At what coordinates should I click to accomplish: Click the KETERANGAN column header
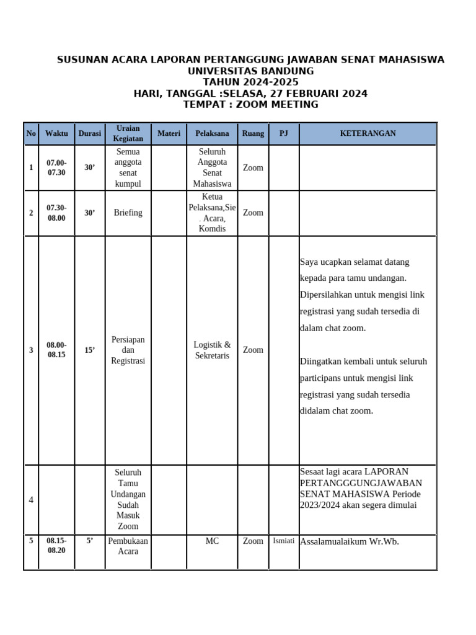[368, 133]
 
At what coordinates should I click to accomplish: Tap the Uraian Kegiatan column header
[128, 133]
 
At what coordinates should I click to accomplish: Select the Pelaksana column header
[212, 133]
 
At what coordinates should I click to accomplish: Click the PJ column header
[284, 133]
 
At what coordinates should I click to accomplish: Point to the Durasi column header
[90, 133]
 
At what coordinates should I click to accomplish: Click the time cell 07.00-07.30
[56, 167]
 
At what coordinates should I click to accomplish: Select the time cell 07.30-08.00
[56, 213]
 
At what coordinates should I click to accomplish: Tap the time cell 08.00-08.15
[56, 350]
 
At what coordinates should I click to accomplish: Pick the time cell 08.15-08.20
[56, 545]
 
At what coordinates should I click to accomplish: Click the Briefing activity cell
[128, 213]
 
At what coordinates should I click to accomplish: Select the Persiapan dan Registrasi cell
[128, 350]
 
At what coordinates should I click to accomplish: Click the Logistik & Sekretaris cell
[212, 350]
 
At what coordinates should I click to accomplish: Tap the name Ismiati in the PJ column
[284, 541]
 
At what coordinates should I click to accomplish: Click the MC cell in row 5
[212, 541]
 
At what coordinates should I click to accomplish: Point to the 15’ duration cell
[90, 350]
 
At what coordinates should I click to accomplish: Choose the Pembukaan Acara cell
[128, 546]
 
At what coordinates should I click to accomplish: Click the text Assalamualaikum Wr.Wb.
[350, 541]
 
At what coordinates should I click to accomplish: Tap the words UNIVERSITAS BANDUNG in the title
[250, 71]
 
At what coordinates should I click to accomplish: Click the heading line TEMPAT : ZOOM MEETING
[250, 104]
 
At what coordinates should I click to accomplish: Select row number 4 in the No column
[31, 500]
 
